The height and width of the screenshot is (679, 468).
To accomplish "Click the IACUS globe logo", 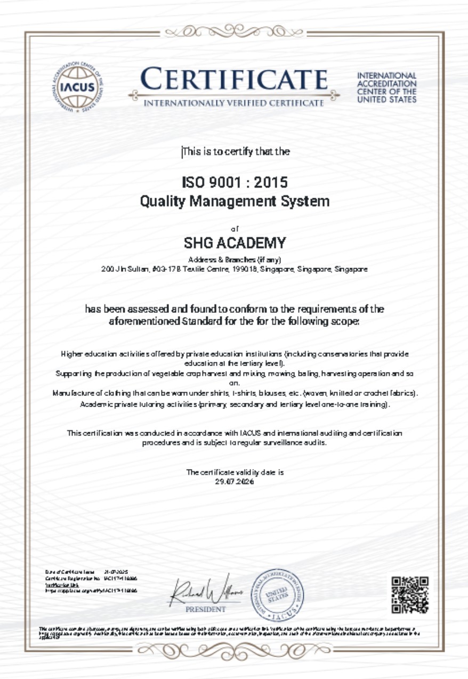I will [78, 87].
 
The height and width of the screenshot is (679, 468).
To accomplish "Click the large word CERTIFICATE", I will [235, 80].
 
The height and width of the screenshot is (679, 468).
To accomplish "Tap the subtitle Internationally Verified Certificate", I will [234, 102].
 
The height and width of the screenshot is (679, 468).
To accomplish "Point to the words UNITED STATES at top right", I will [387, 100].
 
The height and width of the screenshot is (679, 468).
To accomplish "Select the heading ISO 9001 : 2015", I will [235, 183].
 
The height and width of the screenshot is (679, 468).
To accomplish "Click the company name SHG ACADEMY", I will [235, 244].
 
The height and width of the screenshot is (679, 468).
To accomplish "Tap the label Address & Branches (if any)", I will [235, 260].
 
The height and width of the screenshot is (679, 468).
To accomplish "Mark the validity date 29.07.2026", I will [235, 481].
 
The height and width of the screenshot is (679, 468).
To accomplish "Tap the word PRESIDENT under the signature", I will [205, 609].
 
